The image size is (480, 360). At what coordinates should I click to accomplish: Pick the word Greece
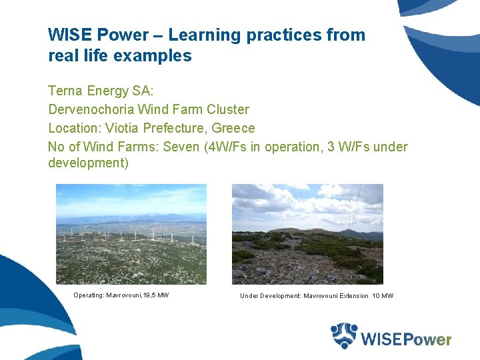(x=233, y=128)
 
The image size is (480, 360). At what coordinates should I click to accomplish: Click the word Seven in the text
(x=177, y=147)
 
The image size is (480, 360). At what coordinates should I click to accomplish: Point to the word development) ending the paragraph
(x=88, y=163)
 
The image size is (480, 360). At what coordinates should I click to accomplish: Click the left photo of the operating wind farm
(x=131, y=234)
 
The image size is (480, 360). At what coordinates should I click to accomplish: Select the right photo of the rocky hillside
(x=307, y=234)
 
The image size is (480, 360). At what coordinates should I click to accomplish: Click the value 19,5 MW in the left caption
(x=155, y=295)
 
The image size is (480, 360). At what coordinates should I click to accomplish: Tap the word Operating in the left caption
(x=89, y=295)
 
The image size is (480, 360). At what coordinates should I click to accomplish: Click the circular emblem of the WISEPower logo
(x=344, y=336)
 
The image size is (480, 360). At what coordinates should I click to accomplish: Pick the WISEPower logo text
(x=406, y=339)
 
